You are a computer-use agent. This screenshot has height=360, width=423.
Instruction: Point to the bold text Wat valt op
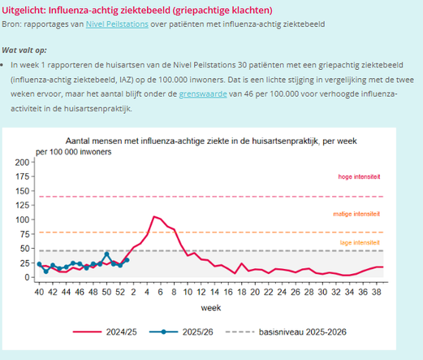pos(24,50)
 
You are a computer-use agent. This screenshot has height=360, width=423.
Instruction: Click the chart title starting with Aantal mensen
pos(212,141)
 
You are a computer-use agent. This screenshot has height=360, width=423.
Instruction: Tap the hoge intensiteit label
pos(359,177)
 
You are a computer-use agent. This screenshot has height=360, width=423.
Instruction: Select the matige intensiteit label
pos(357,214)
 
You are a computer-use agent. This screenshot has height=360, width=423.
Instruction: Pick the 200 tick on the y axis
pos(22,163)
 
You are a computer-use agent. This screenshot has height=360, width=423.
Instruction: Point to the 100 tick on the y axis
pos(22,219)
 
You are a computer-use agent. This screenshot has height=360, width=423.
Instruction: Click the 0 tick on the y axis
pos(27,277)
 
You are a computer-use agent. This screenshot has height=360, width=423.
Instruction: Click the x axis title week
pos(211,308)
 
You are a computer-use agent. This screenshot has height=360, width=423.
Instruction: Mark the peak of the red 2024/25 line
pos(153,216)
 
